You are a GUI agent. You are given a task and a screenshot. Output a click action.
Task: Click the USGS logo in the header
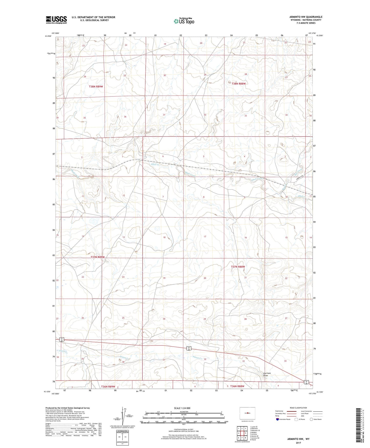tap(56, 20)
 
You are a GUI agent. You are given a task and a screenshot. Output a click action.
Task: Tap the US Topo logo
tap(184, 21)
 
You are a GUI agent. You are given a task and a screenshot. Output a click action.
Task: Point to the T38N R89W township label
tap(96, 87)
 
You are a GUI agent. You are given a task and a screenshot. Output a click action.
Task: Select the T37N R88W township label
tap(238, 267)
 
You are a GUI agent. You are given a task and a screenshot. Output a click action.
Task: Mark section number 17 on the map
tap(205, 237)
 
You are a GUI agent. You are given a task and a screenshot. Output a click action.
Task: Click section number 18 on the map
tap(164, 237)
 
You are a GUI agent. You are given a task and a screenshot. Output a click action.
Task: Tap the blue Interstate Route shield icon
tap(278, 419)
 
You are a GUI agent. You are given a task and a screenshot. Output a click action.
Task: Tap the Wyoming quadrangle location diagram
tap(247, 413)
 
